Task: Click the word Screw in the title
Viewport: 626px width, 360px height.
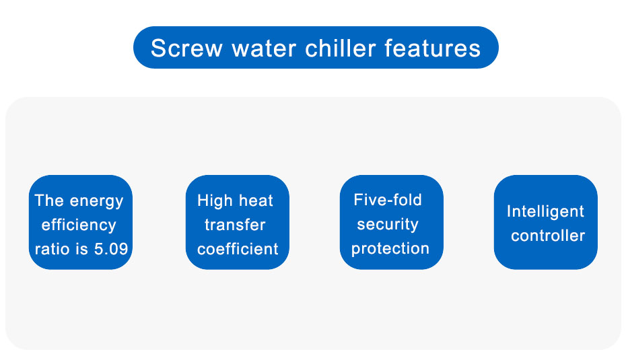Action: pyautogui.click(x=186, y=48)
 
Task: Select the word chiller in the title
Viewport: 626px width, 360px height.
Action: pyautogui.click(x=340, y=48)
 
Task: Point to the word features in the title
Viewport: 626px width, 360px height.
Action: pyautogui.click(x=432, y=48)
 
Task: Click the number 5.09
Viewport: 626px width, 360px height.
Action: pyautogui.click(x=111, y=249)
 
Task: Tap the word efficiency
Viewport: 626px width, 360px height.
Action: pyautogui.click(x=79, y=225)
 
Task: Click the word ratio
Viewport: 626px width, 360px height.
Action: pyautogui.click(x=52, y=249)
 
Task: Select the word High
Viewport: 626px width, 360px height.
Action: pyautogui.click(x=215, y=201)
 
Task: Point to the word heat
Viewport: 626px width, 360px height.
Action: pyautogui.click(x=256, y=201)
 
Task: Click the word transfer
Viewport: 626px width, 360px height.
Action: pyautogui.click(x=235, y=225)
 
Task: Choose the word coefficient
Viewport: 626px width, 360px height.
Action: pyautogui.click(x=238, y=249)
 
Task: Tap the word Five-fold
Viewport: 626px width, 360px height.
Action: pyautogui.click(x=388, y=200)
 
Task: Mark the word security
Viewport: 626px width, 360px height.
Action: pyautogui.click(x=388, y=225)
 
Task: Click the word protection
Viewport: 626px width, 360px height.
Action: pyautogui.click(x=390, y=249)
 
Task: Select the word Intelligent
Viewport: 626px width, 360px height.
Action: pyautogui.click(x=545, y=212)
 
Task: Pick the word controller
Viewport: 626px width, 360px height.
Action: pyautogui.click(x=548, y=236)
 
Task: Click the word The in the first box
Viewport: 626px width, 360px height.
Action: pyautogui.click(x=50, y=201)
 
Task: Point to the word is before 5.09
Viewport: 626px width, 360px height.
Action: pyautogui.click(x=82, y=249)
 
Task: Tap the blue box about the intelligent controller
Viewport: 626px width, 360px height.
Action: pyautogui.click(x=545, y=222)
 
